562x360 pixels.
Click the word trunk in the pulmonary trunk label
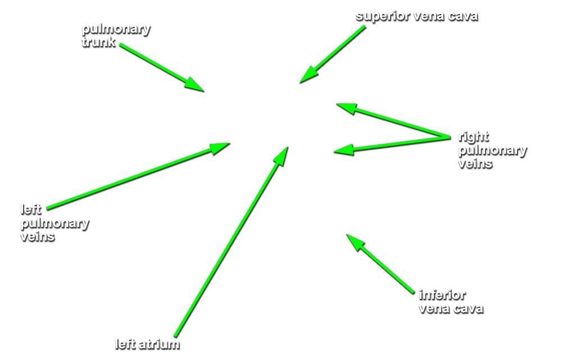tap(98, 42)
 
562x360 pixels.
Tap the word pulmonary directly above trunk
tap(116, 29)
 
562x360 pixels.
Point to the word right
tap(473, 136)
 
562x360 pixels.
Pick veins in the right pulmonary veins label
tap(475, 163)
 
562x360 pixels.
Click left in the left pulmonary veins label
tap(31, 209)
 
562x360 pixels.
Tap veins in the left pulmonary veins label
tap(37, 236)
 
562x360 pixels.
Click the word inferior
tap(442, 294)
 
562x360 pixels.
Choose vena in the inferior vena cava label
tap(434, 308)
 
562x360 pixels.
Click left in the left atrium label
tap(124, 344)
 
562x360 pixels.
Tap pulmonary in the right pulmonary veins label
tap(492, 150)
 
